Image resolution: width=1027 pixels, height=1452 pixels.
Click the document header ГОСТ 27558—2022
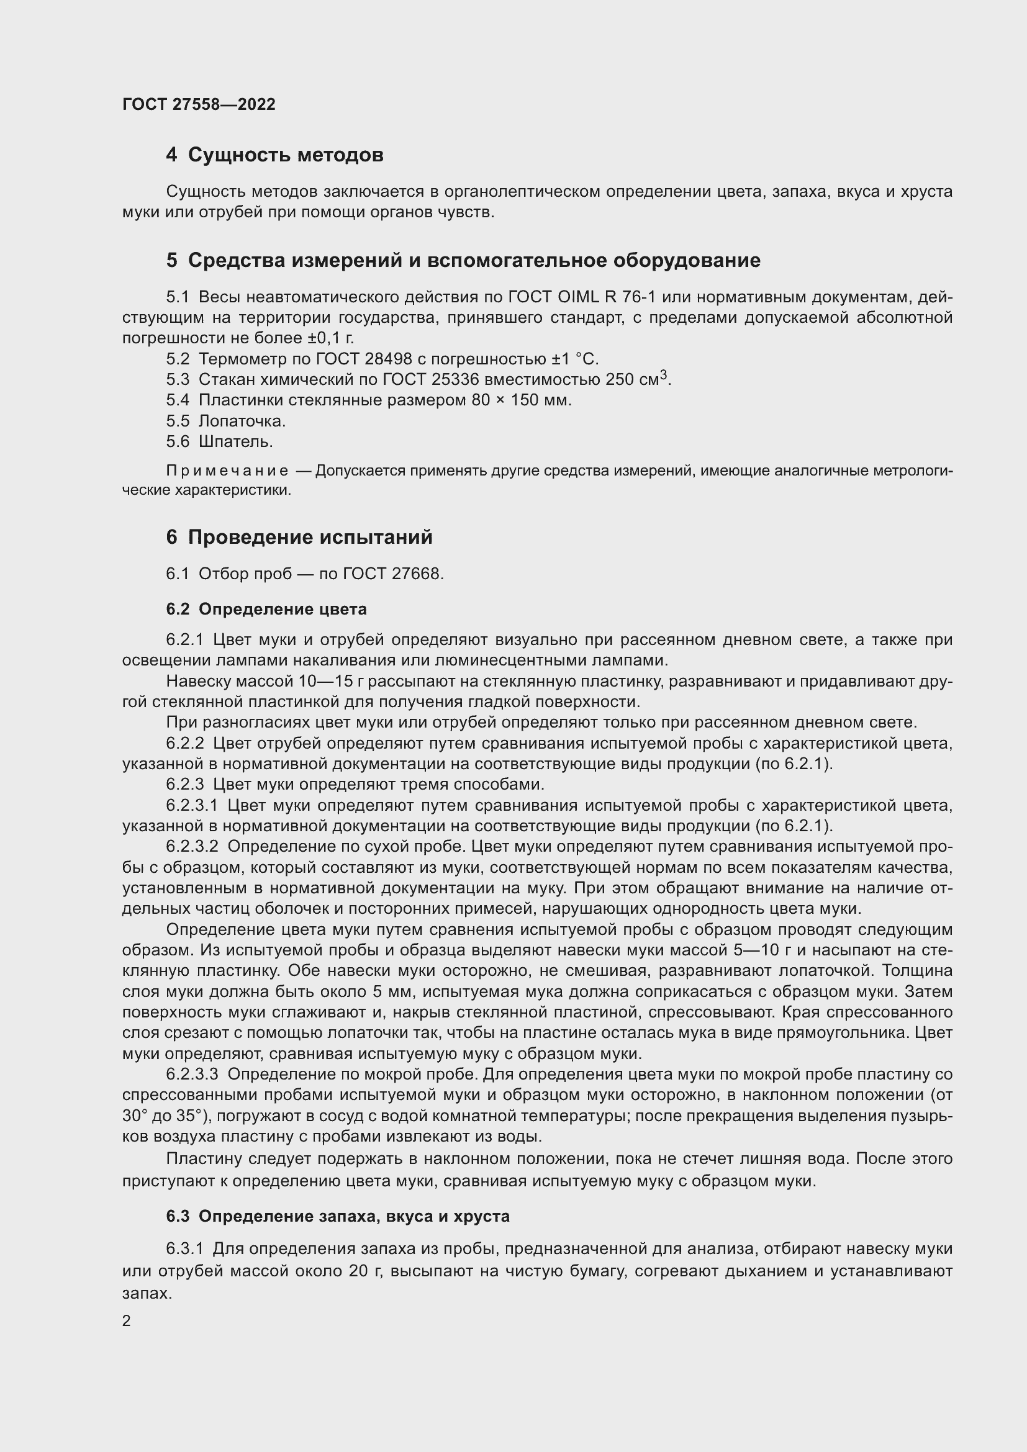[x=199, y=104]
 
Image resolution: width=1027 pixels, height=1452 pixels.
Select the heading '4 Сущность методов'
[x=274, y=155]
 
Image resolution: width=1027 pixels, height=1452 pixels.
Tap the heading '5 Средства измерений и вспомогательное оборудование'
[x=463, y=260]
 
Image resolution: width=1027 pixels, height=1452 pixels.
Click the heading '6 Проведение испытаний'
[x=299, y=537]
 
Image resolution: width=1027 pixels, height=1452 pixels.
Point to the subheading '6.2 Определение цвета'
[x=266, y=609]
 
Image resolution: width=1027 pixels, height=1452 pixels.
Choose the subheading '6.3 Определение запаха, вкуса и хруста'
[x=338, y=1216]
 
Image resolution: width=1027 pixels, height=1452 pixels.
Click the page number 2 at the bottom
[x=127, y=1320]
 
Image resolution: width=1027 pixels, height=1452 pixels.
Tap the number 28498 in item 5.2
[x=388, y=359]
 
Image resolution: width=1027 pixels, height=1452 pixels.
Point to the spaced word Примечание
[x=227, y=471]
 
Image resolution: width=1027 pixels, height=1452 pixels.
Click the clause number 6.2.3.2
[x=192, y=847]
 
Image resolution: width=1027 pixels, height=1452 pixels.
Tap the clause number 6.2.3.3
[x=192, y=1075]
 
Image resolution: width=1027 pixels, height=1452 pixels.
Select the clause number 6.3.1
[x=184, y=1249]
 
